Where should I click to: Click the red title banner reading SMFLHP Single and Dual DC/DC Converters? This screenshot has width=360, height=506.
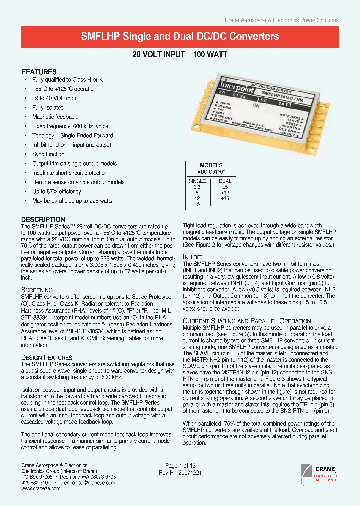pos(180,37)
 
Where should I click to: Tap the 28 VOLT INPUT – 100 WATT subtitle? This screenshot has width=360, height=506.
pos(180,54)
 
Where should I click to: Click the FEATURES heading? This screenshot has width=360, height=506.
pos(39,72)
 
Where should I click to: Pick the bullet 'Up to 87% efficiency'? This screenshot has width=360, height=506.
pos(57,191)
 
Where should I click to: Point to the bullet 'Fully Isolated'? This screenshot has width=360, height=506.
pos(48,107)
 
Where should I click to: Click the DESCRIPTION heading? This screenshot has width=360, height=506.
pos(43,219)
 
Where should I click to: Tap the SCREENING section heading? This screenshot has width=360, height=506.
pos(37,290)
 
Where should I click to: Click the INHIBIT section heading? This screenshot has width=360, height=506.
pos(193,257)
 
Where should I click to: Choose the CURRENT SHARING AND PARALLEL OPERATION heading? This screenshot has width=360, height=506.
pos(247,321)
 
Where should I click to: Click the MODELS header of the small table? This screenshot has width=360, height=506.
pos(211,165)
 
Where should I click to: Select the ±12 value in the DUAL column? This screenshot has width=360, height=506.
pos(225,192)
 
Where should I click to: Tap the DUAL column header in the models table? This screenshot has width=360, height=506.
pos(225,180)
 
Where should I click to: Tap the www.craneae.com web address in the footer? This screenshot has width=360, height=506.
pos(41,488)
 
